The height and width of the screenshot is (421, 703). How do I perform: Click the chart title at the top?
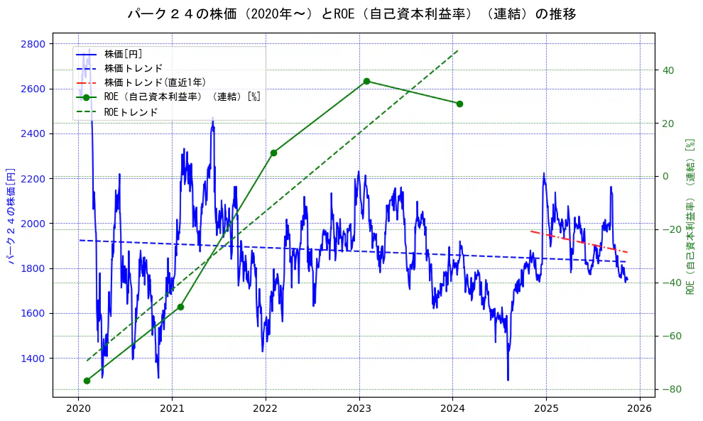click(x=351, y=13)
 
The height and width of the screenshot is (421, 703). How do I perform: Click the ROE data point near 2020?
click(x=87, y=381)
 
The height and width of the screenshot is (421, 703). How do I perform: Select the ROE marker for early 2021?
click(x=180, y=307)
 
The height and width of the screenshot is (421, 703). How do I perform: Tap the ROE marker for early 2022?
click(x=273, y=153)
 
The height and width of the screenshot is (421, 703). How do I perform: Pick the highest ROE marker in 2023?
click(x=366, y=81)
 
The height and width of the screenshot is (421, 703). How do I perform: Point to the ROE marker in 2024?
click(x=459, y=104)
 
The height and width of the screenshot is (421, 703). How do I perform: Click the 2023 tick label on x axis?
click(x=359, y=409)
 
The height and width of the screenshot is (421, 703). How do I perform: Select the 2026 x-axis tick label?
click(x=639, y=409)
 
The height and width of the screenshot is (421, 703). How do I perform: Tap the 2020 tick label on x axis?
click(x=78, y=409)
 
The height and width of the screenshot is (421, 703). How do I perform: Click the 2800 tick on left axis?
click(x=34, y=44)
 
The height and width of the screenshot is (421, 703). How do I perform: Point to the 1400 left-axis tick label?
click(x=34, y=359)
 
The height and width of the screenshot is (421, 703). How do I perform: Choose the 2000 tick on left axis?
click(x=34, y=224)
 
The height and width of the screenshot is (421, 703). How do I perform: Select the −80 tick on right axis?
click(x=670, y=389)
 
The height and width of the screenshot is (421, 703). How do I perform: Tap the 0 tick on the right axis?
click(x=665, y=177)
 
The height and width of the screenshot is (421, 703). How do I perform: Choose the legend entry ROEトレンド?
click(x=131, y=112)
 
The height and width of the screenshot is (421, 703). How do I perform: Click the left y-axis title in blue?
click(x=11, y=215)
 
